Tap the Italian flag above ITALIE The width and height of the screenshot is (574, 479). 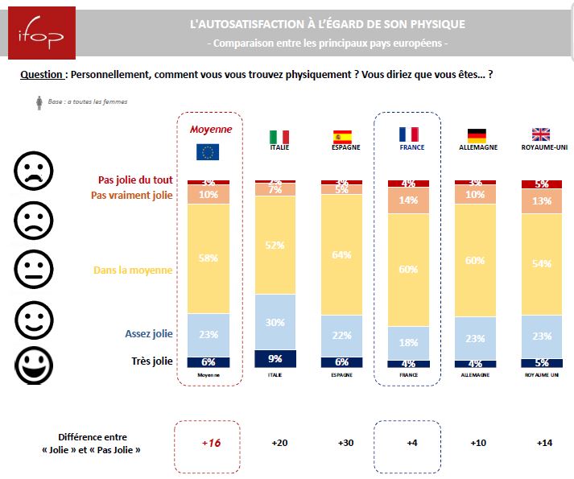(x=279, y=137)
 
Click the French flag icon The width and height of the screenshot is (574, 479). (x=407, y=135)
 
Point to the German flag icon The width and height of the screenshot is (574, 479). (x=477, y=135)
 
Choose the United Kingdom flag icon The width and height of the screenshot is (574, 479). (x=542, y=135)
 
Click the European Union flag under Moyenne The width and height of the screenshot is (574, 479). (x=208, y=151)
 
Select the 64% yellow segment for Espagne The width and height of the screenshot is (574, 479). (x=341, y=254)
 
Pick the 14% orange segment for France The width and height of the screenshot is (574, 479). (x=408, y=201)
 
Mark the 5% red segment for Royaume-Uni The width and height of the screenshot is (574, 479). (x=542, y=184)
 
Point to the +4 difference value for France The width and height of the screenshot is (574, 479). (x=408, y=442)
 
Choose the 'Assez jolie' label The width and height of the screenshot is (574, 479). (x=148, y=333)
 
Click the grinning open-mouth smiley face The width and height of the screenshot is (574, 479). (x=34, y=362)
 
